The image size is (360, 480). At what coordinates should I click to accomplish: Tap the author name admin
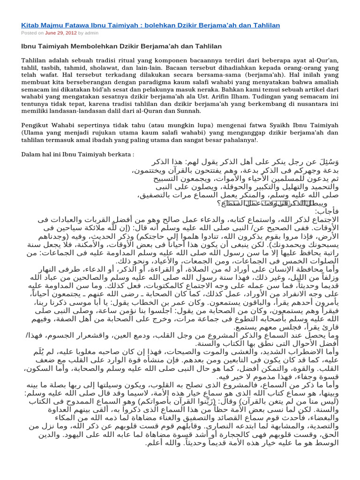(x=92, y=33)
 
